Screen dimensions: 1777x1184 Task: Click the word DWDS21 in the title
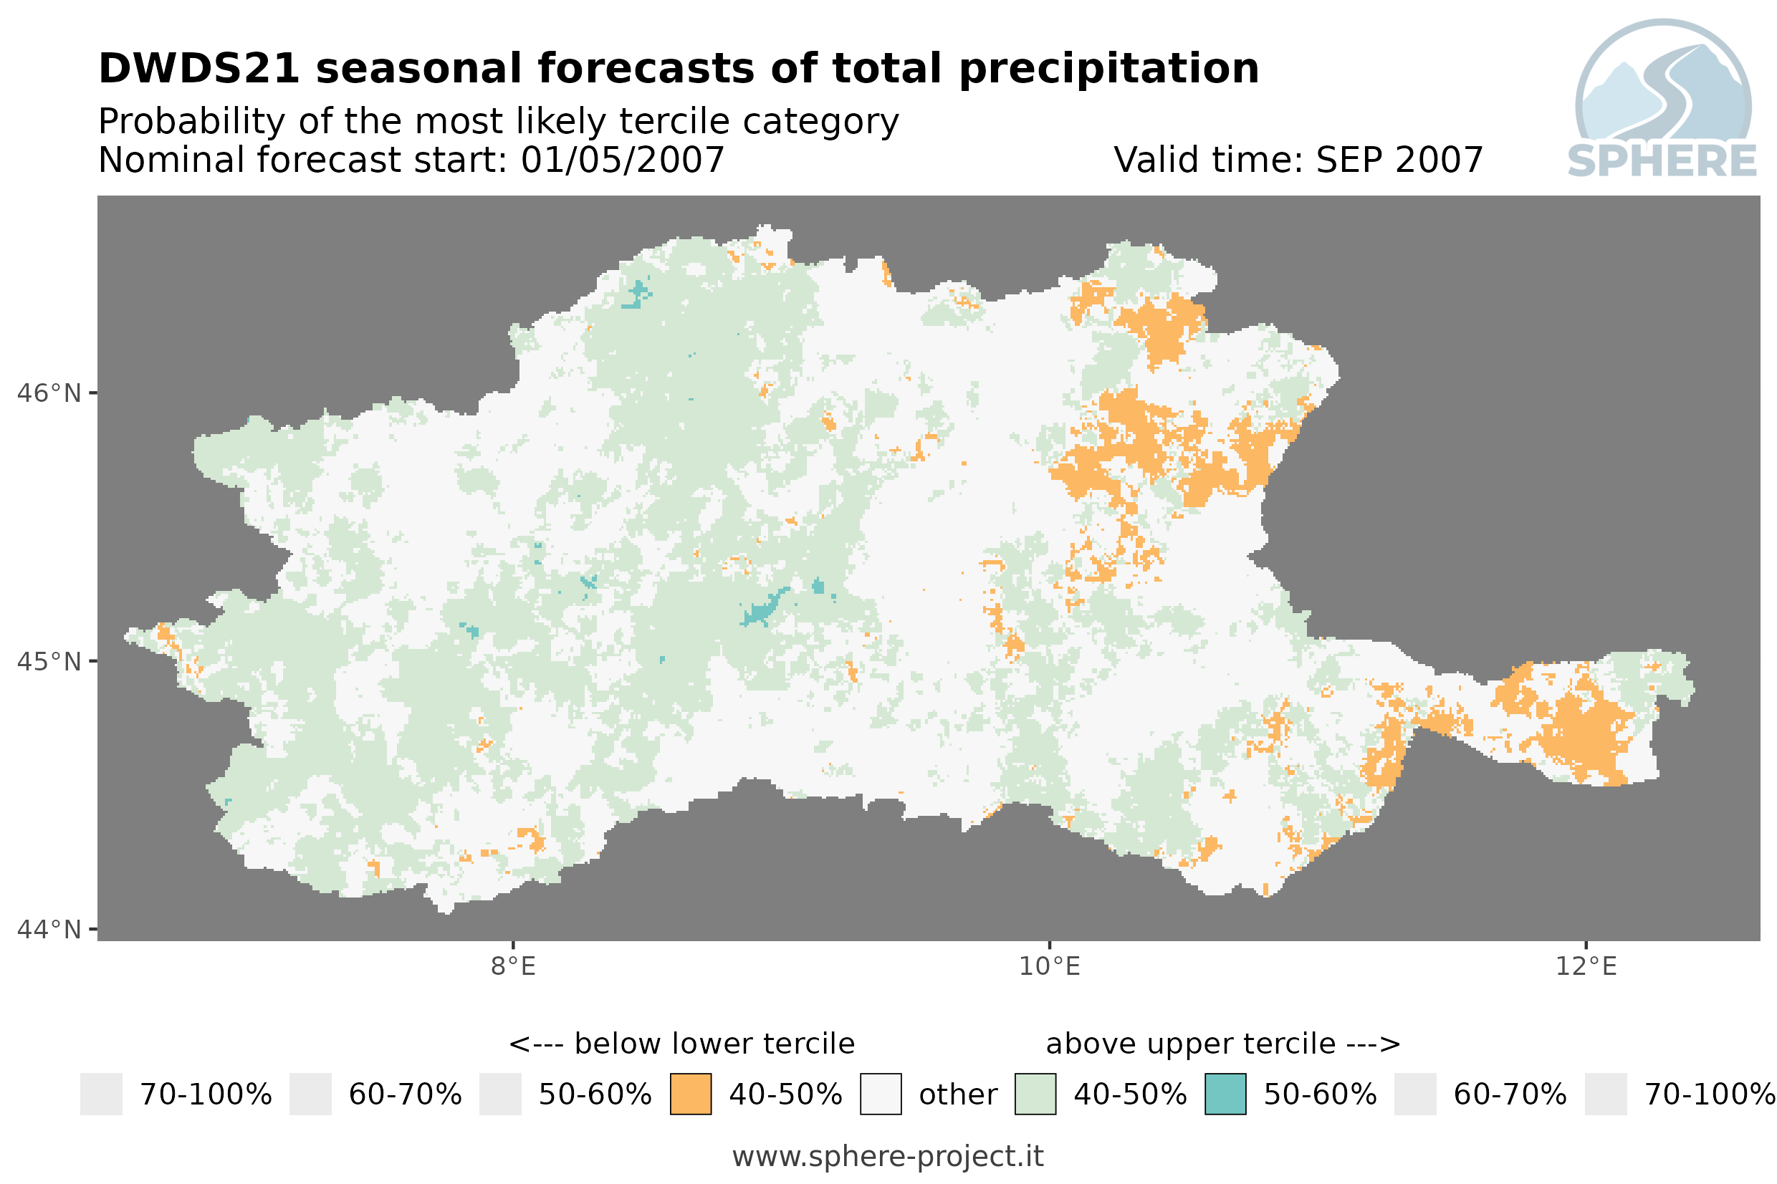199,69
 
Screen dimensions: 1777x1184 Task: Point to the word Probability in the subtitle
192,122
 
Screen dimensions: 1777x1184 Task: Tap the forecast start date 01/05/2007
622,160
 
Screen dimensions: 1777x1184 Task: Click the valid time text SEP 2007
1399,160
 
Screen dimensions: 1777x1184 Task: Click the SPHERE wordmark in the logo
1662,161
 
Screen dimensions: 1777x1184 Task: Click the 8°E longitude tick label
514,966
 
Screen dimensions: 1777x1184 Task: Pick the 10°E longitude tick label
1050,966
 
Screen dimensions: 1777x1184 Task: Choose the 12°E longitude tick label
1586,966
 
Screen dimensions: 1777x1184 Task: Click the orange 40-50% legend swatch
690,1094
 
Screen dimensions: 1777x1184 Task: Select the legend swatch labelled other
881,1094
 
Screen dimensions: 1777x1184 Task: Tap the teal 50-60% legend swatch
1225,1094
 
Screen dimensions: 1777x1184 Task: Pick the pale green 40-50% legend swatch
1035,1094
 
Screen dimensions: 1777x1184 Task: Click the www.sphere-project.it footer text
888,1157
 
